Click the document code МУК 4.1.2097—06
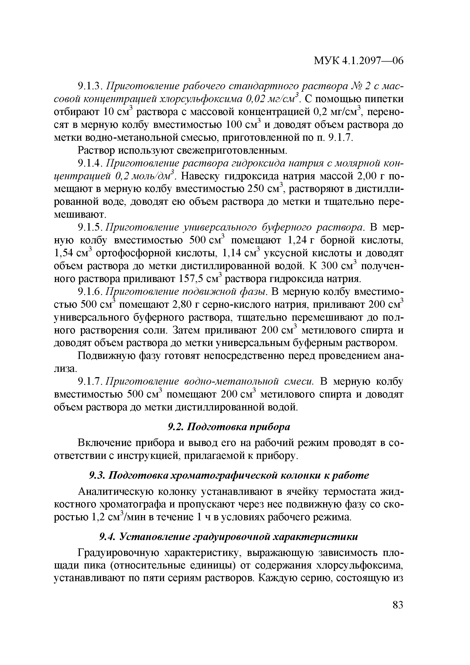coord(359,61)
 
